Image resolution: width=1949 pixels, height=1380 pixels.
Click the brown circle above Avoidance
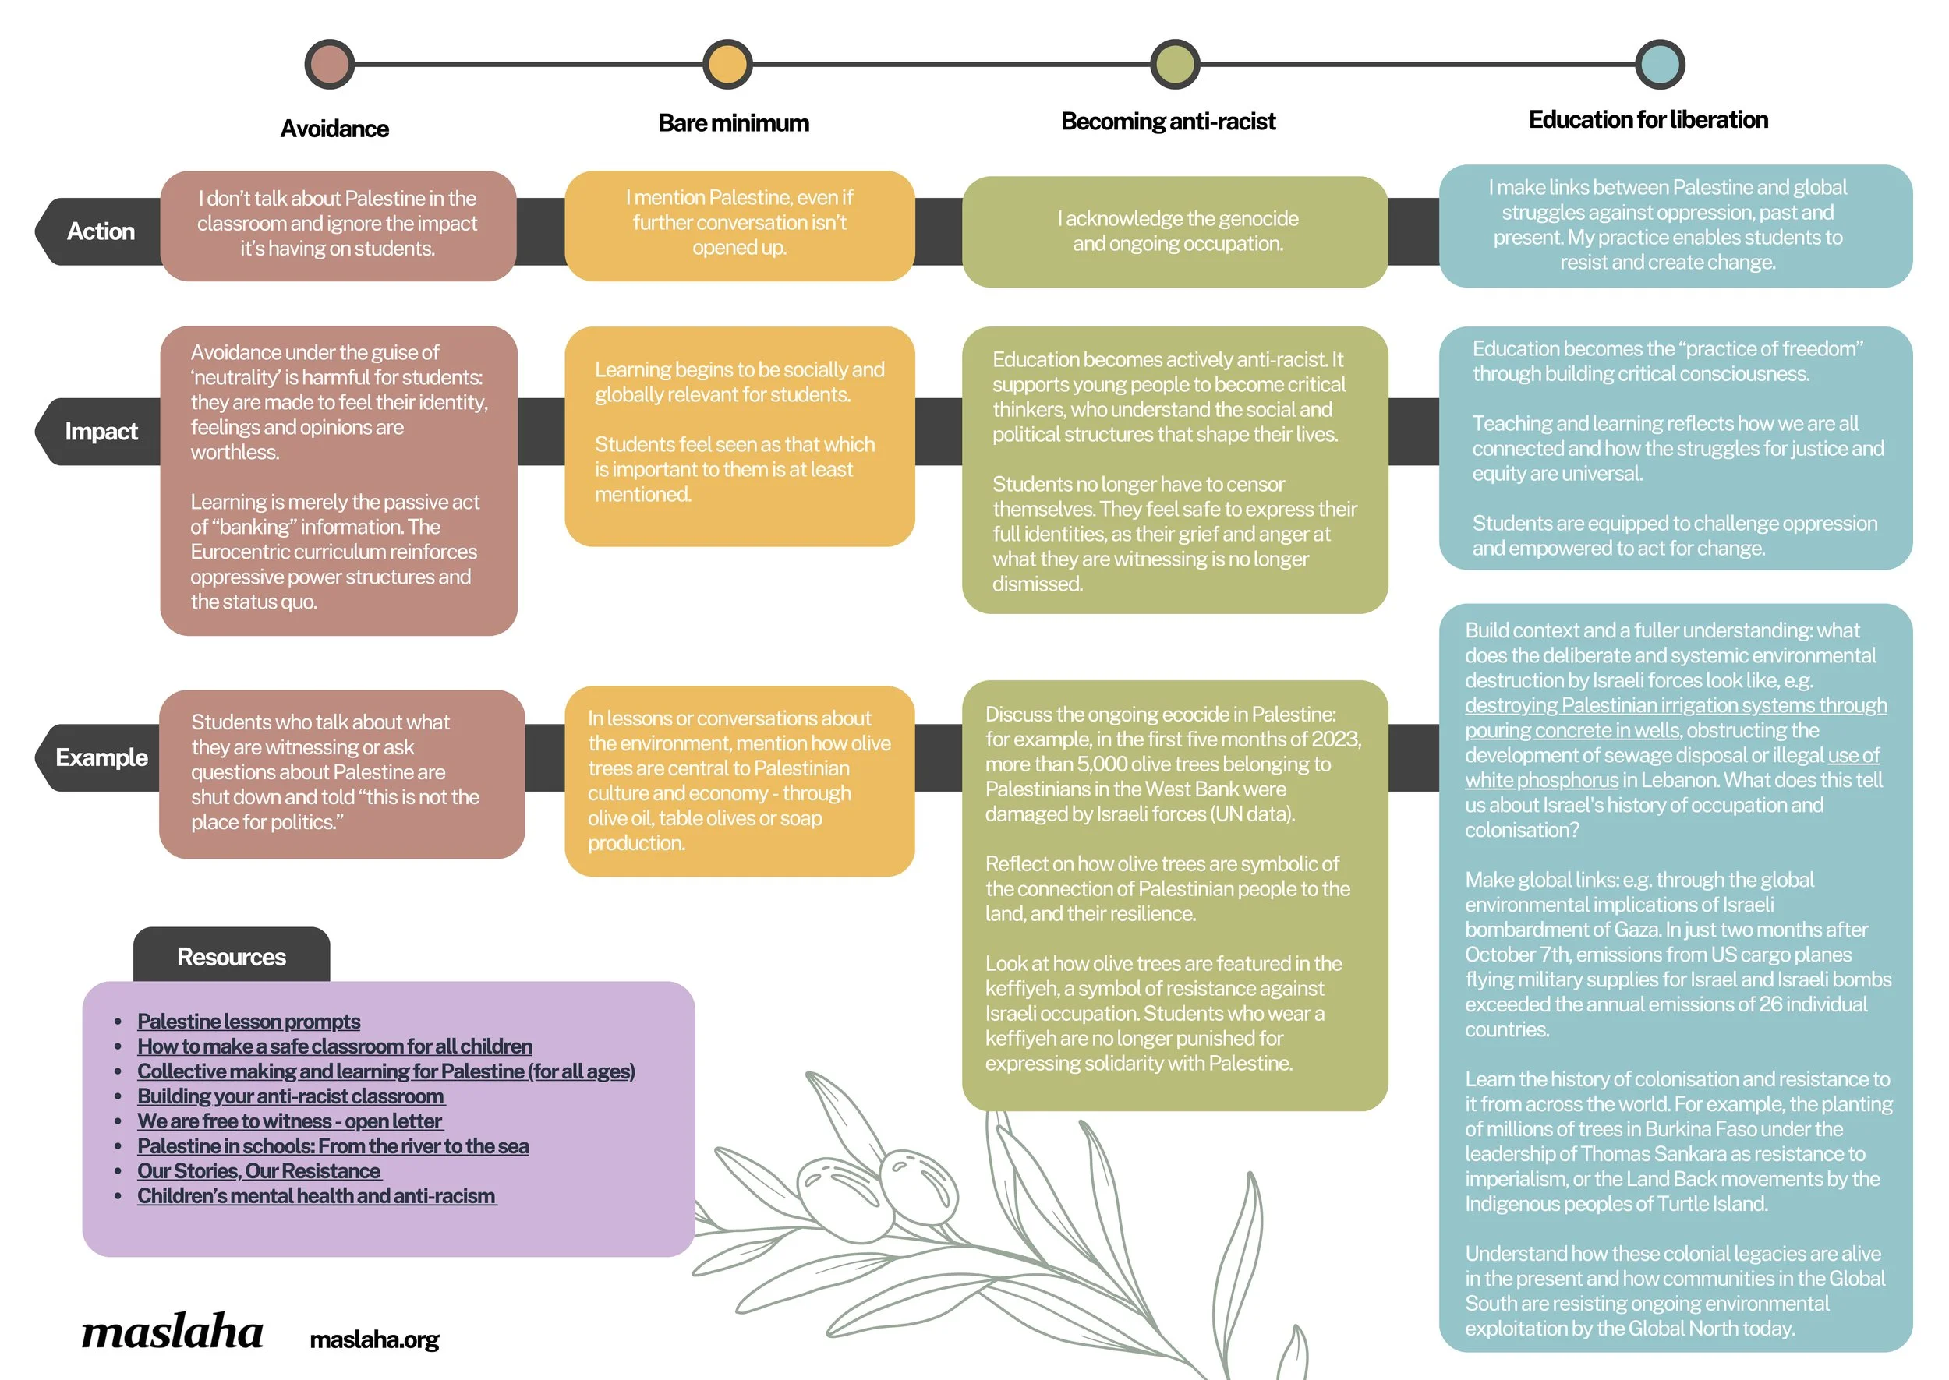[x=329, y=64]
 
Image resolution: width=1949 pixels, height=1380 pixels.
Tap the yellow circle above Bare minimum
[x=727, y=64]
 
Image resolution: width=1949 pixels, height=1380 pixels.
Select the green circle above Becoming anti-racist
[x=1175, y=64]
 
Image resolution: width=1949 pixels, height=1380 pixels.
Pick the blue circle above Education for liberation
[x=1660, y=64]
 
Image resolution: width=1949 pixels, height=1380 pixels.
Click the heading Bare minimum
[x=734, y=123]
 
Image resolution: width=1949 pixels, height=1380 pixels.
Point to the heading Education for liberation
[x=1648, y=120]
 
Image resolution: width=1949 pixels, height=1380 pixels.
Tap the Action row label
[x=101, y=231]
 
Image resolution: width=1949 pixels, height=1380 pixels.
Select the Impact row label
[x=101, y=432]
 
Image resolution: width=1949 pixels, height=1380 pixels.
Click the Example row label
[x=101, y=757]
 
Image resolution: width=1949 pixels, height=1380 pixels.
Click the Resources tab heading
[x=232, y=957]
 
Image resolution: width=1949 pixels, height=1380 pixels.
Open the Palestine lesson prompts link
[x=248, y=1022]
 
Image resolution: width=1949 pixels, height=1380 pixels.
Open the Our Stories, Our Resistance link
[x=258, y=1171]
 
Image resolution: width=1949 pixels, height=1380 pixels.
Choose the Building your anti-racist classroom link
[x=290, y=1096]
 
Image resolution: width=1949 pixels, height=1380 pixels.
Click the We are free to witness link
[x=289, y=1121]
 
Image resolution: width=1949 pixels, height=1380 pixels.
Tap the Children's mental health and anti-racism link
[x=317, y=1195]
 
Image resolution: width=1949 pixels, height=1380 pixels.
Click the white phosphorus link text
[x=1541, y=780]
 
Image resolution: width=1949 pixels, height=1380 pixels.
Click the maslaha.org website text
[x=374, y=1340]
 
